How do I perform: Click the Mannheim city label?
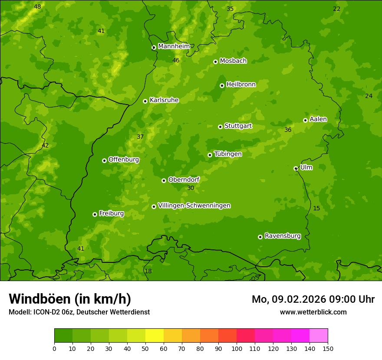click(x=174, y=46)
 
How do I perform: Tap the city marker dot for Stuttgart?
click(x=220, y=127)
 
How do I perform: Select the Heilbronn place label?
click(x=241, y=85)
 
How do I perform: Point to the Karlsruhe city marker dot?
click(x=145, y=101)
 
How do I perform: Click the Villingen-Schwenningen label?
click(x=194, y=206)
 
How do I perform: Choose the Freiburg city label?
click(x=112, y=213)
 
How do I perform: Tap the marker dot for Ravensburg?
click(x=260, y=237)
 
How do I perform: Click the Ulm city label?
click(x=306, y=167)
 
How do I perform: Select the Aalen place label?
click(x=318, y=119)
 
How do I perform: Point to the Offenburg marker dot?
click(x=104, y=160)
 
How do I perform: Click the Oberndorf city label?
click(x=184, y=180)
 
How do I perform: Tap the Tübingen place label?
click(x=228, y=154)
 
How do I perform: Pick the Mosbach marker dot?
click(x=215, y=62)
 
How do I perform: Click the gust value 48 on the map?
click(x=37, y=7)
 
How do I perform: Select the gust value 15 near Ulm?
click(x=316, y=209)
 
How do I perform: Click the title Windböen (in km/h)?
click(x=70, y=299)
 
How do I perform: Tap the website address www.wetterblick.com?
click(x=313, y=312)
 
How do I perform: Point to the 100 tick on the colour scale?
click(x=237, y=348)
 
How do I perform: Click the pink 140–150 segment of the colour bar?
click(x=319, y=335)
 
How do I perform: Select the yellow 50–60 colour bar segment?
click(x=155, y=335)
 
